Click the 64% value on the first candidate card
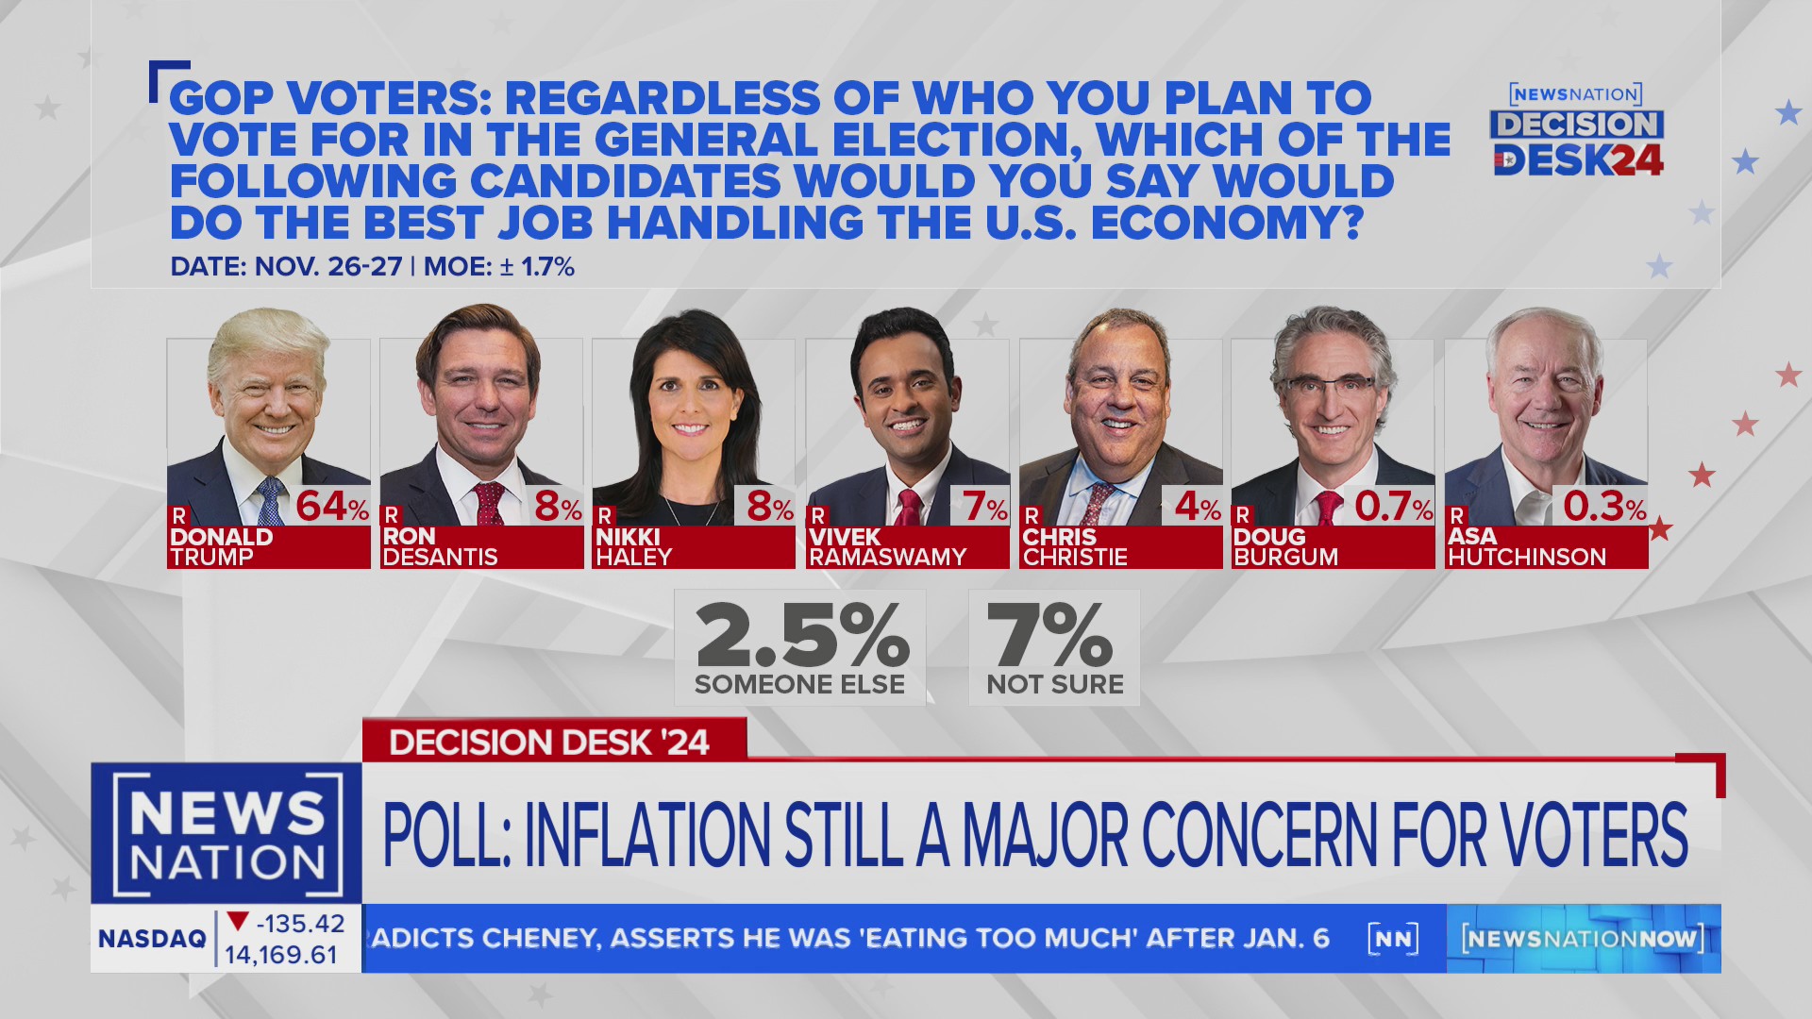331,507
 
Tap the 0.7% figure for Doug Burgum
1392,507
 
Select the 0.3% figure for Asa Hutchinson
1603,507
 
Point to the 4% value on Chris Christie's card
1197,507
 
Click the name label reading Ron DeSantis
440,547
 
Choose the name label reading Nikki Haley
633,547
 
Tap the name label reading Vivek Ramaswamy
887,547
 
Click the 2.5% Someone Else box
800,648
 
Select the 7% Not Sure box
1054,648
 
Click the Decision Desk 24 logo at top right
1577,132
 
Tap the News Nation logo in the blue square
226,834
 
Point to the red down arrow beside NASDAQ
238,921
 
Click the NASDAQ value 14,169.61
281,955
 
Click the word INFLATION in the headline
647,835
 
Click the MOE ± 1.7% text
499,267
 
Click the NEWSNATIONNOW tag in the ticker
1583,938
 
